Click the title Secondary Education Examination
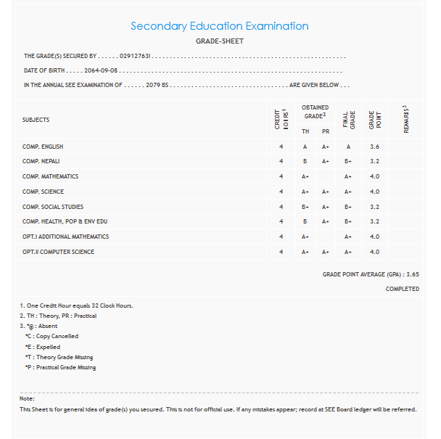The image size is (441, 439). (x=220, y=26)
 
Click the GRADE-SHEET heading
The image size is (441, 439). (x=220, y=41)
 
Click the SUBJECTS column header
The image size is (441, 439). (x=36, y=120)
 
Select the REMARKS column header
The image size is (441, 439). (x=407, y=120)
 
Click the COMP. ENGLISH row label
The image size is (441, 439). (x=43, y=147)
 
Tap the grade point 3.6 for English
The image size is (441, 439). (x=374, y=147)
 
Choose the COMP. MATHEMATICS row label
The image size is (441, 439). (x=50, y=176)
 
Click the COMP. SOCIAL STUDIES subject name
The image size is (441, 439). (x=53, y=207)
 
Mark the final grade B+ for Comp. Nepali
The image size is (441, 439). (x=348, y=162)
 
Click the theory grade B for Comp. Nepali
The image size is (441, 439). (x=305, y=162)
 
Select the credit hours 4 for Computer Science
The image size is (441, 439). (x=281, y=252)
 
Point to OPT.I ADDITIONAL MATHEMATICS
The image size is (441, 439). (x=65, y=237)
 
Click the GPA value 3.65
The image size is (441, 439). (x=413, y=275)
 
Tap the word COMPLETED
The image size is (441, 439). (x=402, y=289)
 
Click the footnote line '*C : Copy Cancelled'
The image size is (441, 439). (x=51, y=337)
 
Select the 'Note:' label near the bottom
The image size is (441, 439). (x=27, y=398)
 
